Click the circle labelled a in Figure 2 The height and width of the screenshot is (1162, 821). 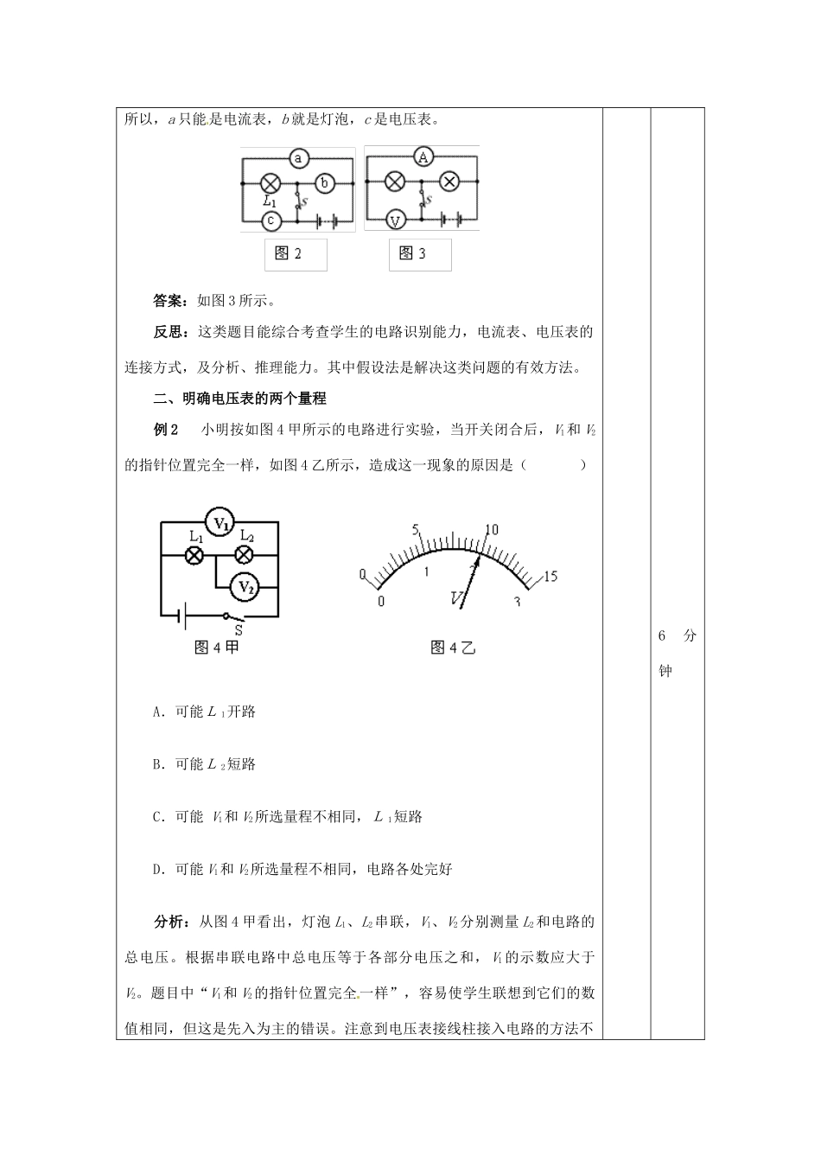[x=298, y=158]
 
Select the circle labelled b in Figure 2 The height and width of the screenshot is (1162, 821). [x=325, y=183]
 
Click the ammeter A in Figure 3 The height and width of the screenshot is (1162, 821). [x=423, y=157]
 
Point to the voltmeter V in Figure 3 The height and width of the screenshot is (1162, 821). [x=395, y=220]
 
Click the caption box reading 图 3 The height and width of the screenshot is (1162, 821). [x=413, y=254]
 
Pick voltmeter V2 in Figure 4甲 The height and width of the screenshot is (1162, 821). [x=245, y=587]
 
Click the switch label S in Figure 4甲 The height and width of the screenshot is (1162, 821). [x=239, y=631]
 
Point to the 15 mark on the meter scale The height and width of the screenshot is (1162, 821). [x=551, y=577]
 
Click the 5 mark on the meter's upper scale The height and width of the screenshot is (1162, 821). [x=416, y=529]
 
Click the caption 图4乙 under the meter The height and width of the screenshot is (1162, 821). [x=453, y=648]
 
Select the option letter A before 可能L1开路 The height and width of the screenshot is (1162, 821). [x=157, y=712]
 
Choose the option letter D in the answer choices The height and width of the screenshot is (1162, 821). [x=157, y=869]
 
